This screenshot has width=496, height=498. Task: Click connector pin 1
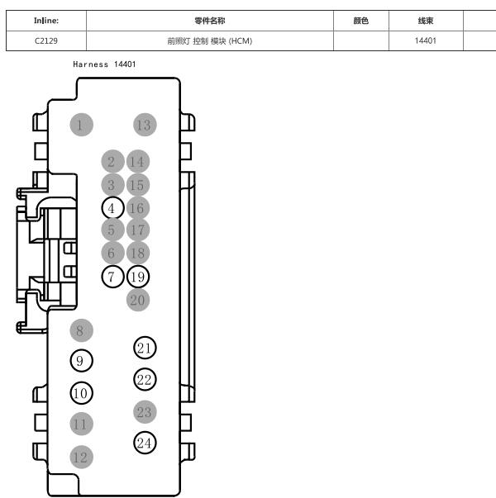tap(81, 125)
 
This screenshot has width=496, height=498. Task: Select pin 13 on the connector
tap(145, 125)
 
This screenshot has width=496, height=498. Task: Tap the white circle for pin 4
tap(112, 208)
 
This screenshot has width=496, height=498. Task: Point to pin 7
tap(112, 277)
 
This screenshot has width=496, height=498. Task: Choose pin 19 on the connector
tap(138, 277)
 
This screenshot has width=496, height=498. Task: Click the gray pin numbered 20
tap(138, 300)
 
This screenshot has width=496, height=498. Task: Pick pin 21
tap(145, 348)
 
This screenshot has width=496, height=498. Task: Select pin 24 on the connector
tap(145, 443)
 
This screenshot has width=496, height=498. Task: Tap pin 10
tap(81, 393)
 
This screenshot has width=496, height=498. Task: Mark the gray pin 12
tap(81, 457)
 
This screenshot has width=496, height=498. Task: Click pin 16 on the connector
tap(138, 208)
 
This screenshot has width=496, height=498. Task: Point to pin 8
tap(81, 330)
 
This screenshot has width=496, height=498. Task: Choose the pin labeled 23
tap(145, 412)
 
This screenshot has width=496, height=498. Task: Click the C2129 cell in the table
tap(46, 41)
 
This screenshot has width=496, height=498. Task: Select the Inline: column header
tap(46, 21)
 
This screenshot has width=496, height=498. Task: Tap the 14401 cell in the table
tap(426, 41)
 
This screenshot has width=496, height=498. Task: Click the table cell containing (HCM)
tap(210, 41)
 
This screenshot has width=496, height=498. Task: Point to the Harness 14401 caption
tap(104, 64)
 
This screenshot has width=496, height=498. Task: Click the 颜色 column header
tap(361, 21)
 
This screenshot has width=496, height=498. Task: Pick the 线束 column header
tap(426, 21)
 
